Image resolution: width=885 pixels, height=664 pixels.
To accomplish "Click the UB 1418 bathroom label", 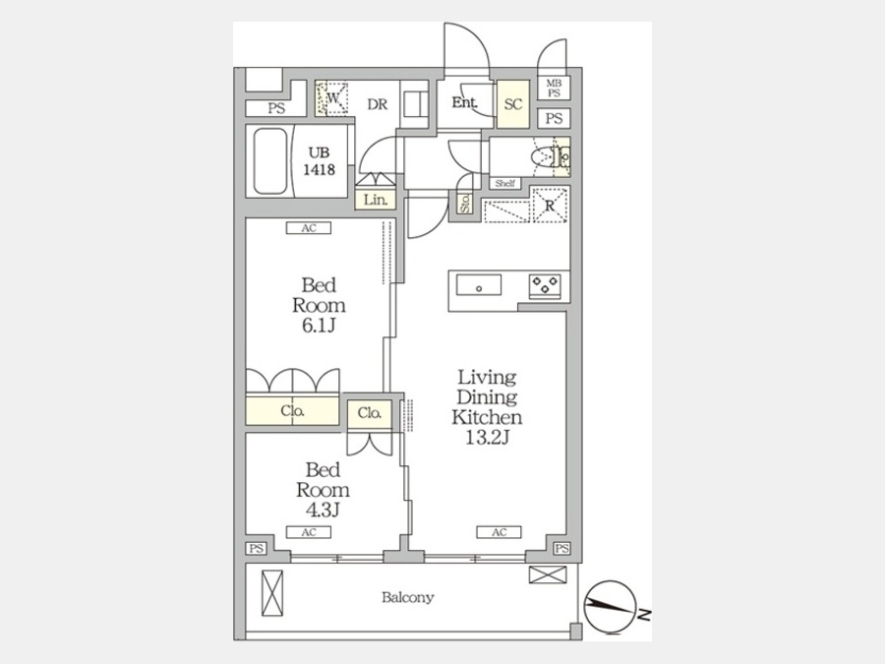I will click(320, 161).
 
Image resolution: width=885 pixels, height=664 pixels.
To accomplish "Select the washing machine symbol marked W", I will click(332, 98).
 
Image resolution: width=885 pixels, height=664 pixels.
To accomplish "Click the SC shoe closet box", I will click(512, 104).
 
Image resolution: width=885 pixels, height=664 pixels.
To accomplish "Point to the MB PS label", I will click(554, 89).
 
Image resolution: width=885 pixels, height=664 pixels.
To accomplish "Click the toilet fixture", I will click(547, 156).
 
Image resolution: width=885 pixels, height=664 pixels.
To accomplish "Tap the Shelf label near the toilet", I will click(505, 183).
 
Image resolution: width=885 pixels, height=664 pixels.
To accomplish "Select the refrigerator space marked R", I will click(548, 205).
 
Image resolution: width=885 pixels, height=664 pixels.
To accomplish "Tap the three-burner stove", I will click(545, 285).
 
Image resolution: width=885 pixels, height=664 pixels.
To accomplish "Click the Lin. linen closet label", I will click(376, 200).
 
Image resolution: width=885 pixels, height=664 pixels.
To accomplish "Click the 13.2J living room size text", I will click(485, 437).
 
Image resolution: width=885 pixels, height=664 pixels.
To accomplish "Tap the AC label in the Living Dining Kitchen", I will click(499, 532).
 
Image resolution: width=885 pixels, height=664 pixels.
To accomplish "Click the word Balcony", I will click(408, 597).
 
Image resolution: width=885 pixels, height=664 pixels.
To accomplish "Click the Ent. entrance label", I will click(464, 103).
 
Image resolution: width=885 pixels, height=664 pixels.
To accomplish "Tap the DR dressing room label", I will click(378, 102).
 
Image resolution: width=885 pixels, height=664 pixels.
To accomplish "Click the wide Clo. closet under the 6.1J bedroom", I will click(293, 411).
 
